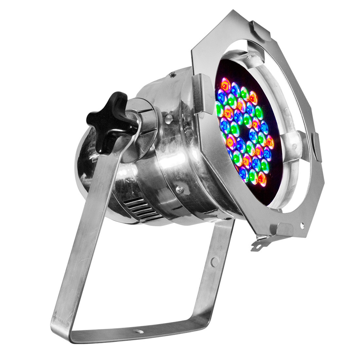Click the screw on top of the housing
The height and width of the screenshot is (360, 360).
(x=171, y=74)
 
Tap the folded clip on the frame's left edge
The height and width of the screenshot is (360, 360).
(x=201, y=94)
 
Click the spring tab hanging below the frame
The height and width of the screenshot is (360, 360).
(x=261, y=243)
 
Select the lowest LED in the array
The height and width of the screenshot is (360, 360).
(x=262, y=179)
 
